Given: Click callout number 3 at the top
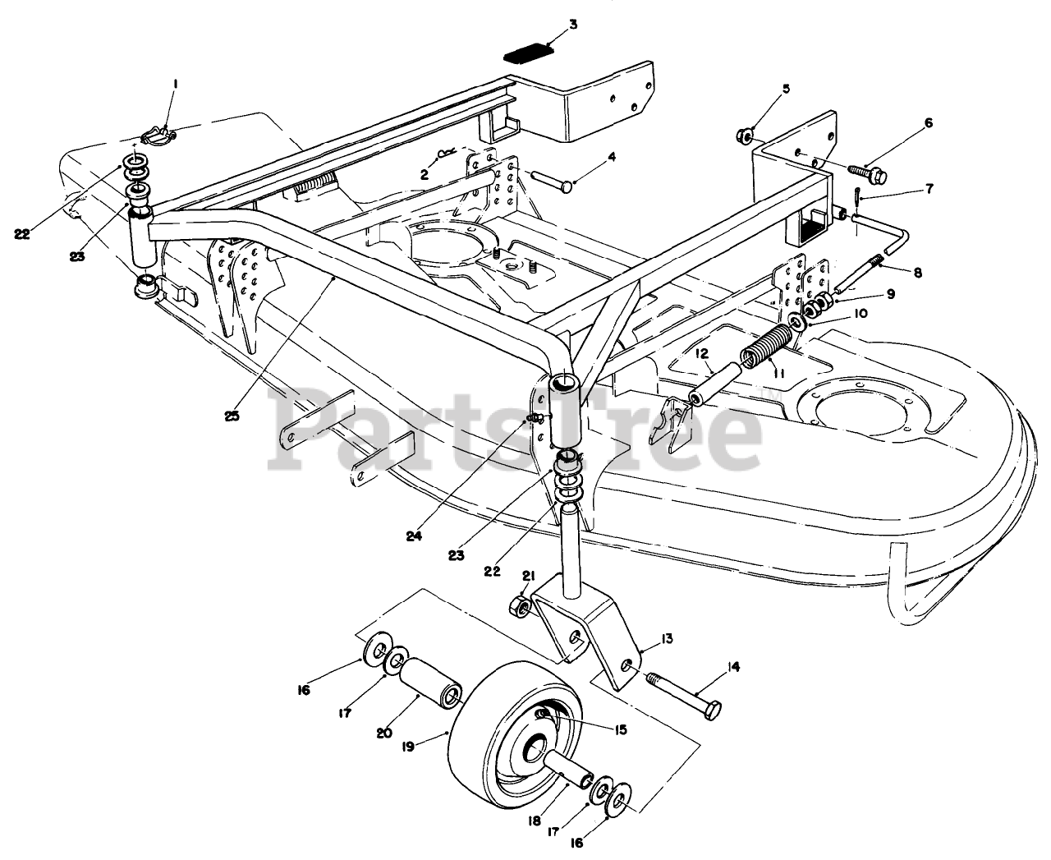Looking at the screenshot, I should (x=572, y=24).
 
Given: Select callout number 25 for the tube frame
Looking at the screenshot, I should (x=232, y=416).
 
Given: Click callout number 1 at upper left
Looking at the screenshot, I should (x=174, y=82).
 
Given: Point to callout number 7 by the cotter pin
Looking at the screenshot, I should (x=929, y=188).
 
